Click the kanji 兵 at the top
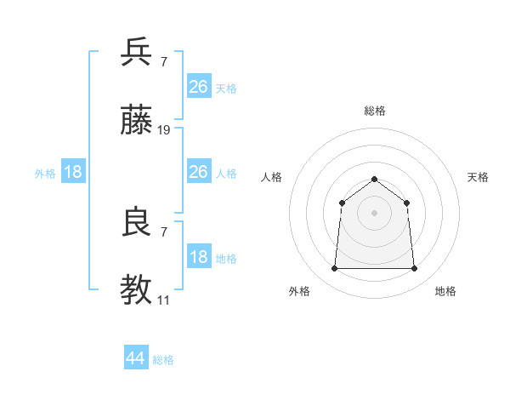[138, 52]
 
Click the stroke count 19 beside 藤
[164, 130]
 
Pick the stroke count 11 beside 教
[163, 300]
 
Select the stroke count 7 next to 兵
[163, 62]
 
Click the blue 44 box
[135, 358]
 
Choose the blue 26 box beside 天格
[198, 87]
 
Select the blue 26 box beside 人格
[198, 172]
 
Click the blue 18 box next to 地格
[198, 257]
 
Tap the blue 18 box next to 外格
[73, 172]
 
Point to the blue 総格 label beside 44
[163, 360]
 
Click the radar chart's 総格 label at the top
[374, 111]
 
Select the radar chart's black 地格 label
[445, 291]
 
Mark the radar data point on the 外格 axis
[334, 269]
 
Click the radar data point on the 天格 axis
[406, 203]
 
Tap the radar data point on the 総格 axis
[374, 179]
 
